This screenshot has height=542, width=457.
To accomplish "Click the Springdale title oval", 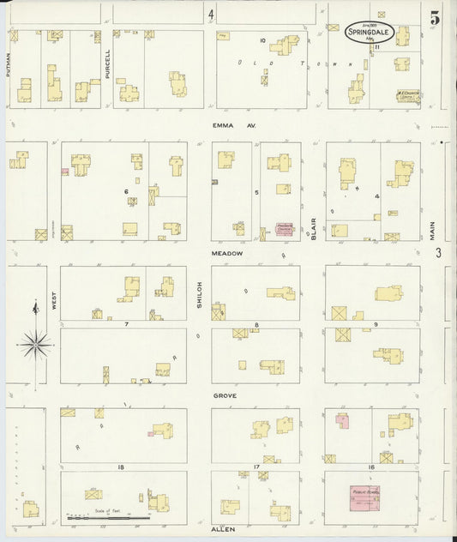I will pyautogui.click(x=370, y=33).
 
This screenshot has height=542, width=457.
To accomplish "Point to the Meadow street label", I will pyautogui.click(x=228, y=254).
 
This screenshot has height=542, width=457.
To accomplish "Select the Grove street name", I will pyautogui.click(x=225, y=395).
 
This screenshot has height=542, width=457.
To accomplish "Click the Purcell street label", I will pyautogui.click(x=107, y=64).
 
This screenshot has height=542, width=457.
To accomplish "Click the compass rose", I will pyautogui.click(x=34, y=345).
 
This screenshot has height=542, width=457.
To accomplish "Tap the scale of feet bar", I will pyautogui.click(x=109, y=518).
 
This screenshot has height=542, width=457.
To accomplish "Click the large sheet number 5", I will pyautogui.click(x=436, y=17).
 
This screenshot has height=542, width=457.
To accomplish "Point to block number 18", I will pyautogui.click(x=122, y=467).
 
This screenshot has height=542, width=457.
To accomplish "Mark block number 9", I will pyautogui.click(x=375, y=324).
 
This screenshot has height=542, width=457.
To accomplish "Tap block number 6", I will pyautogui.click(x=126, y=190).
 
